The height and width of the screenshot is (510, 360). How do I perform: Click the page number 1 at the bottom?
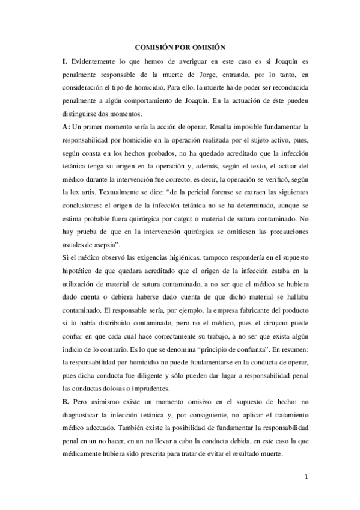[306, 478]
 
